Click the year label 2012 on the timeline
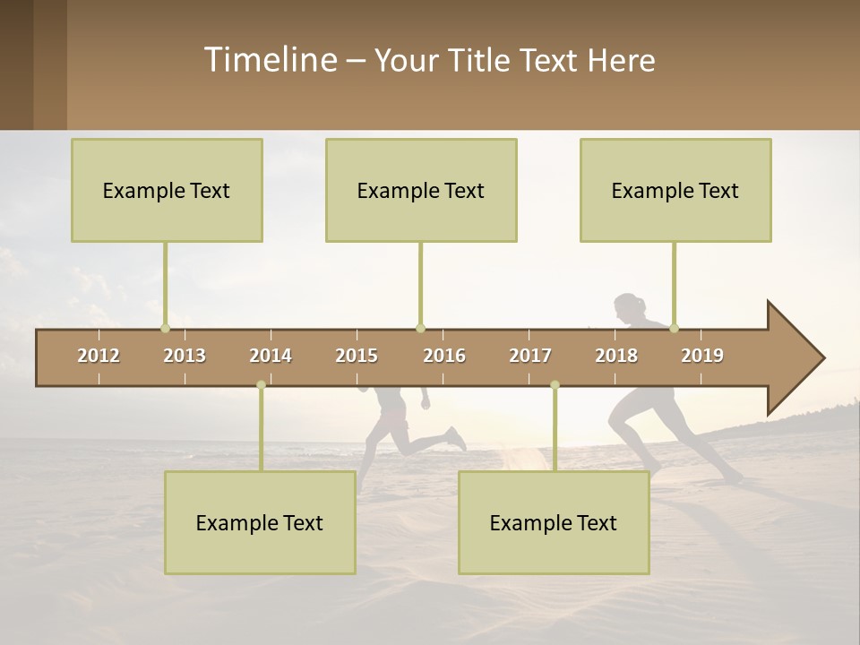pos(99,356)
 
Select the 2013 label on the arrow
pos(185,356)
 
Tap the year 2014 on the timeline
pos(271,356)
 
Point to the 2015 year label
pos(357,356)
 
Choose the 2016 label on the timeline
pos(444,356)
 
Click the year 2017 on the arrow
pos(530,356)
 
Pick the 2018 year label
pos(616,356)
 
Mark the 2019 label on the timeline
pos(702,356)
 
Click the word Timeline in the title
pos(269,60)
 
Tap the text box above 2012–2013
pos(167,190)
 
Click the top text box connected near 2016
pos(421,190)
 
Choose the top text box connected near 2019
pos(675,190)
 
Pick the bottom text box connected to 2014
pos(260,522)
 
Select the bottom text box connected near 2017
pos(554,522)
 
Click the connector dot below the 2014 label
pos(261,384)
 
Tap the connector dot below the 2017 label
pos(555,384)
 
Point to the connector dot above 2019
pos(674,328)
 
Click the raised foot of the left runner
pos(457,439)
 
